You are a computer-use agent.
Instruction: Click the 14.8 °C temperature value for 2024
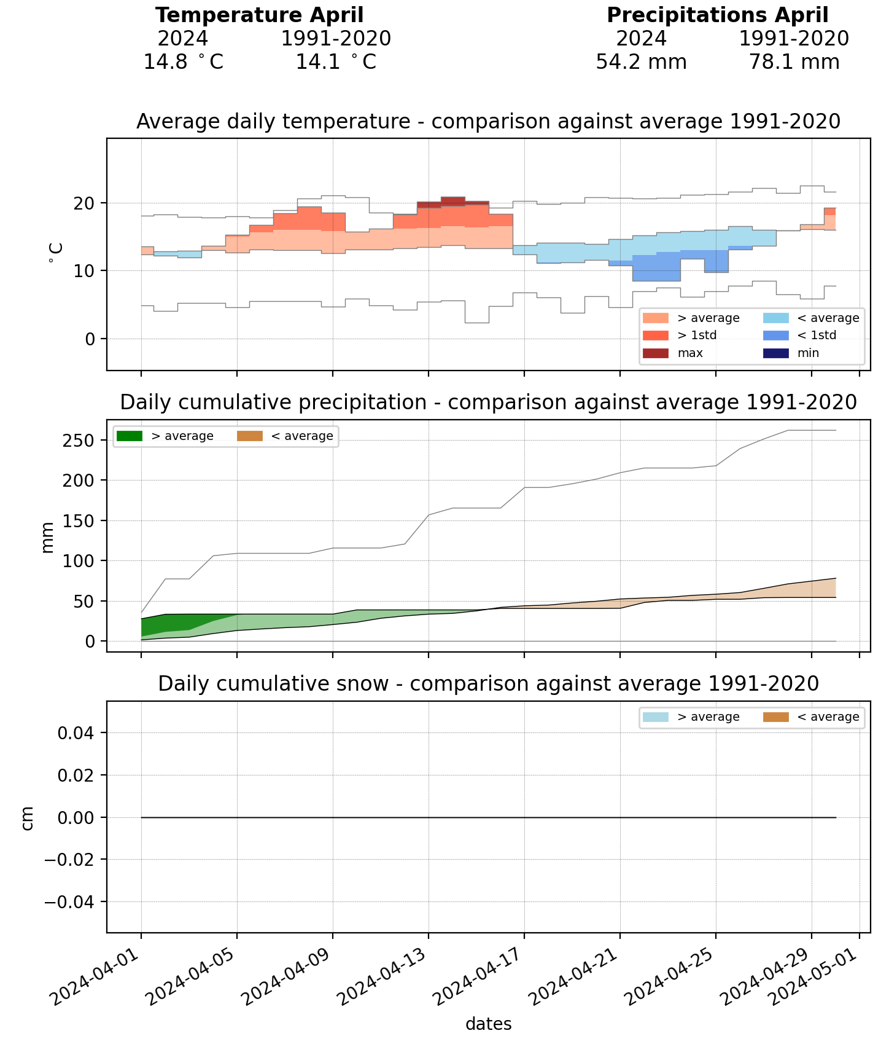tap(183, 62)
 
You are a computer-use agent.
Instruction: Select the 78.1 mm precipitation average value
tap(794, 62)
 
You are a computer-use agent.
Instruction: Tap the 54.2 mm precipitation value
tap(641, 62)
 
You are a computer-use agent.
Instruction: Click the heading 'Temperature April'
tap(259, 15)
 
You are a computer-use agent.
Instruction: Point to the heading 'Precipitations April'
tap(717, 15)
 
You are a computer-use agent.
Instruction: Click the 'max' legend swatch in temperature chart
tap(655, 353)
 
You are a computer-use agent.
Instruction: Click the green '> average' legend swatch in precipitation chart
tap(129, 436)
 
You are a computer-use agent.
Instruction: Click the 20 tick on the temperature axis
tap(85, 203)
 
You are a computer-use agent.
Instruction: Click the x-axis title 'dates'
tap(488, 1024)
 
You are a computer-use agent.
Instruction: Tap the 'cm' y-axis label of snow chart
tap(27, 818)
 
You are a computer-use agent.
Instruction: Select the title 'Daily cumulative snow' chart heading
tap(488, 684)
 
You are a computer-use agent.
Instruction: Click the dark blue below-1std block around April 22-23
tap(656, 268)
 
